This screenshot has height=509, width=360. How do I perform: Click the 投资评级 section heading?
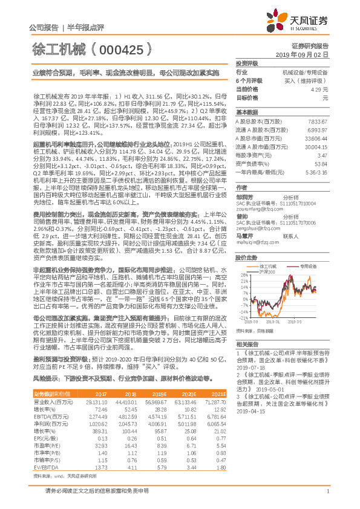(x=247, y=63)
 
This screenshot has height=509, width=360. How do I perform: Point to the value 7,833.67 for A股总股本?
(x=318, y=121)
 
